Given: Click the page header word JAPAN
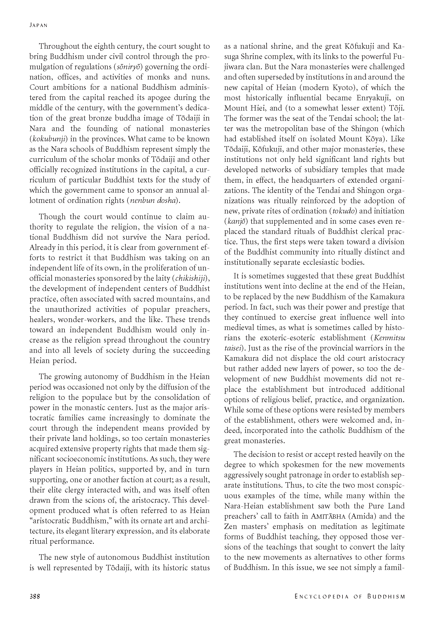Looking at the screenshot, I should click(38, 25).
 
